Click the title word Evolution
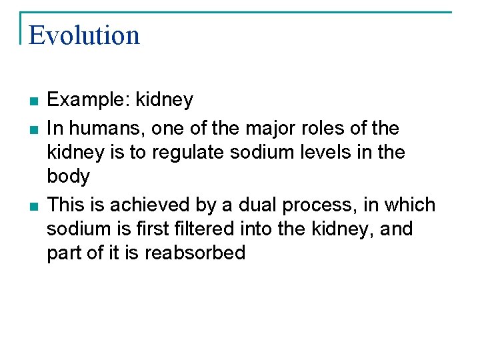84,35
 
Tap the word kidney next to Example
165,100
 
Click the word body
68,177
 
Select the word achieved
141,205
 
